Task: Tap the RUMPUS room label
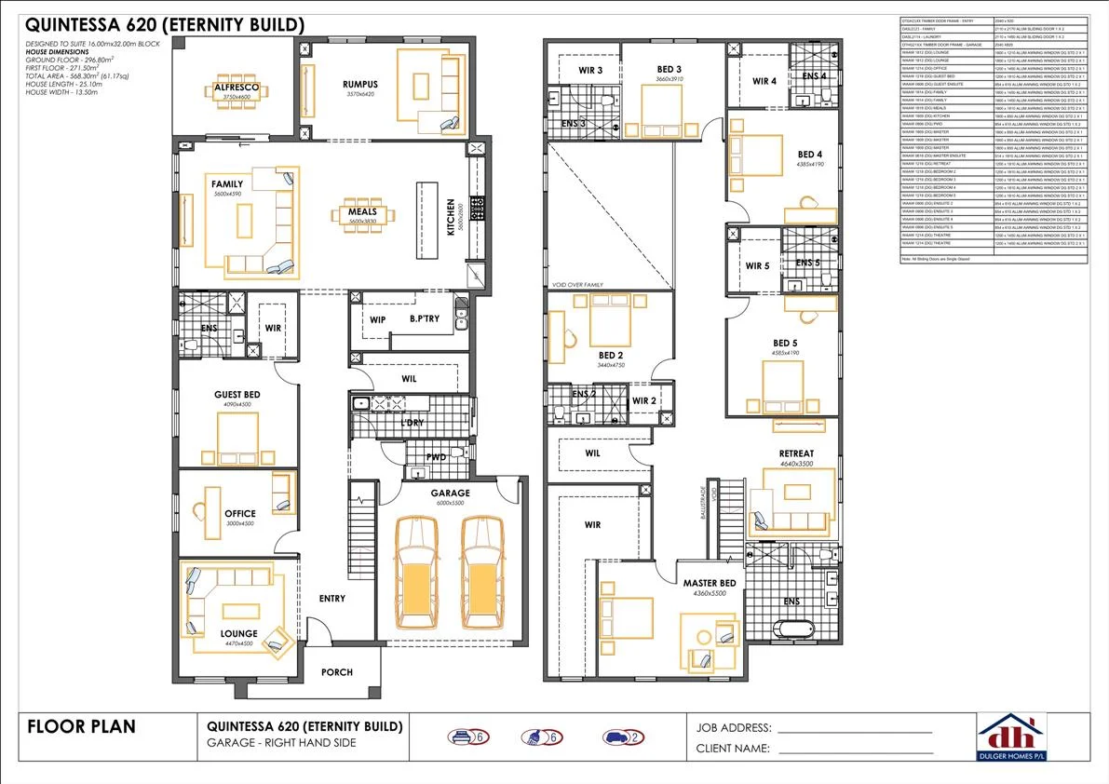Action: tap(358, 85)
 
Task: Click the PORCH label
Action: tap(336, 671)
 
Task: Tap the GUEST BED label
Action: tap(237, 395)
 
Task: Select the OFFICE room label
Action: tap(239, 514)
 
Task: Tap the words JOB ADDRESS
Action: tap(733, 727)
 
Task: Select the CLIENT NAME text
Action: tap(733, 748)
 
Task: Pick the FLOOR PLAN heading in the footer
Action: tap(82, 726)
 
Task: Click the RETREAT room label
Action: tap(796, 453)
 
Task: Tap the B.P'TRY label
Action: tap(424, 319)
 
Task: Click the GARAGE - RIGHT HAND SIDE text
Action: tap(281, 743)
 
